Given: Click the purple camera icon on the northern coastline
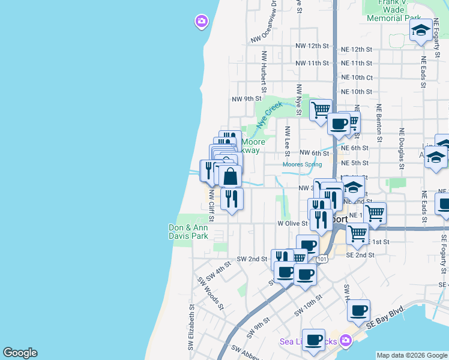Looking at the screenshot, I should (201, 22).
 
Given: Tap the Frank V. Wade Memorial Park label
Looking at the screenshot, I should (401, 10).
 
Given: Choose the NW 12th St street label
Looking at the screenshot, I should (312, 46).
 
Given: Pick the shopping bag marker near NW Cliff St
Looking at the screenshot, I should (230, 177).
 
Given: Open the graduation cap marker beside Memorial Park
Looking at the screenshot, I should (421, 30).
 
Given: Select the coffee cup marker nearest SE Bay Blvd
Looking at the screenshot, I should (358, 311).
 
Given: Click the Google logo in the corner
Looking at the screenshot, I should (20, 353).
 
